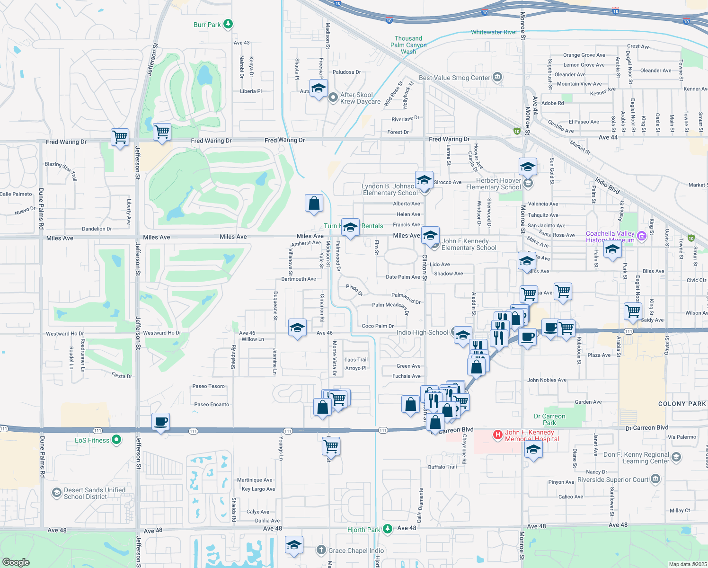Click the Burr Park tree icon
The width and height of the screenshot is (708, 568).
[x=228, y=24]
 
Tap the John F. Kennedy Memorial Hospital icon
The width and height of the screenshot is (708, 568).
[x=497, y=435]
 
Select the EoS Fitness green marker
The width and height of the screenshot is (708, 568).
[x=116, y=440]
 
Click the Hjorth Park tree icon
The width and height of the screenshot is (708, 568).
[x=388, y=529]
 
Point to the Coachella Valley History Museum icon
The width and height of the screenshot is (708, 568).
[x=641, y=236]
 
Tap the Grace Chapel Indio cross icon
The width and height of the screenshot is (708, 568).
[x=321, y=550]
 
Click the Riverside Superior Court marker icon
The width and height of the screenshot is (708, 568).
[x=655, y=479]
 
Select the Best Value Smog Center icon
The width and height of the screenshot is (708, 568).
[x=497, y=77]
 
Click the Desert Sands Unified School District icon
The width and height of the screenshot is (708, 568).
[x=56, y=493]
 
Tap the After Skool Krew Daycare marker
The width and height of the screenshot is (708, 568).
[x=333, y=98]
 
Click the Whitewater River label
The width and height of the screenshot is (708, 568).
[x=494, y=32]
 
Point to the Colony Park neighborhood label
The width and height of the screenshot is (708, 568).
[x=682, y=404]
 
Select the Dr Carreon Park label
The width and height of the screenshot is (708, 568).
[x=549, y=419]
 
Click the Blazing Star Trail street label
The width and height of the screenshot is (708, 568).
[x=61, y=170]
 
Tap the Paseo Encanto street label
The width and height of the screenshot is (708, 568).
[x=212, y=404]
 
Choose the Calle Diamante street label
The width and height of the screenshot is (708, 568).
[x=419, y=506]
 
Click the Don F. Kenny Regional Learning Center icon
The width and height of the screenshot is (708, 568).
[x=676, y=457]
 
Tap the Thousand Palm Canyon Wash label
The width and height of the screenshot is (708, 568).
[x=408, y=45]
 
